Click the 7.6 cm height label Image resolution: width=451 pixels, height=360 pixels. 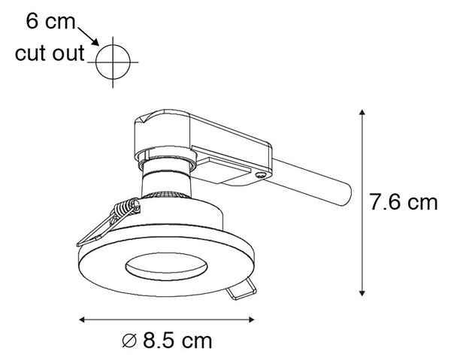tap(403, 202)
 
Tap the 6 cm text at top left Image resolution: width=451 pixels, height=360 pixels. tap(50, 21)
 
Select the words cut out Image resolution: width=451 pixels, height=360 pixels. tap(50, 53)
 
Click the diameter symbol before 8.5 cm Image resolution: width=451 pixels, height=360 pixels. tap(129, 341)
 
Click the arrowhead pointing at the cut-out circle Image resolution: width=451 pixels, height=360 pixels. tap(95, 41)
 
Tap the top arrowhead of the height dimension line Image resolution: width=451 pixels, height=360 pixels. tap(362, 113)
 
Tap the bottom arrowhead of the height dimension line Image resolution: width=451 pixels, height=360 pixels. tap(362, 293)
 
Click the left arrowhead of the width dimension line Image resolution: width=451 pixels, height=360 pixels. tap(82, 319)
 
